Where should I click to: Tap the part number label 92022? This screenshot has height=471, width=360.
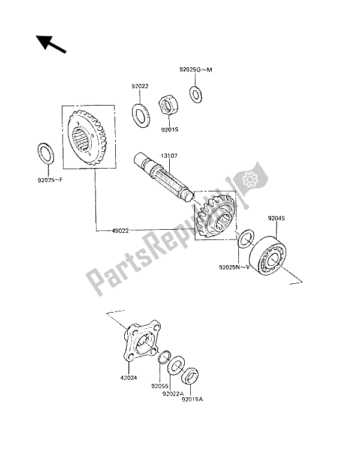click(140, 86)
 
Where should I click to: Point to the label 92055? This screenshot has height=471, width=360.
click(160, 386)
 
